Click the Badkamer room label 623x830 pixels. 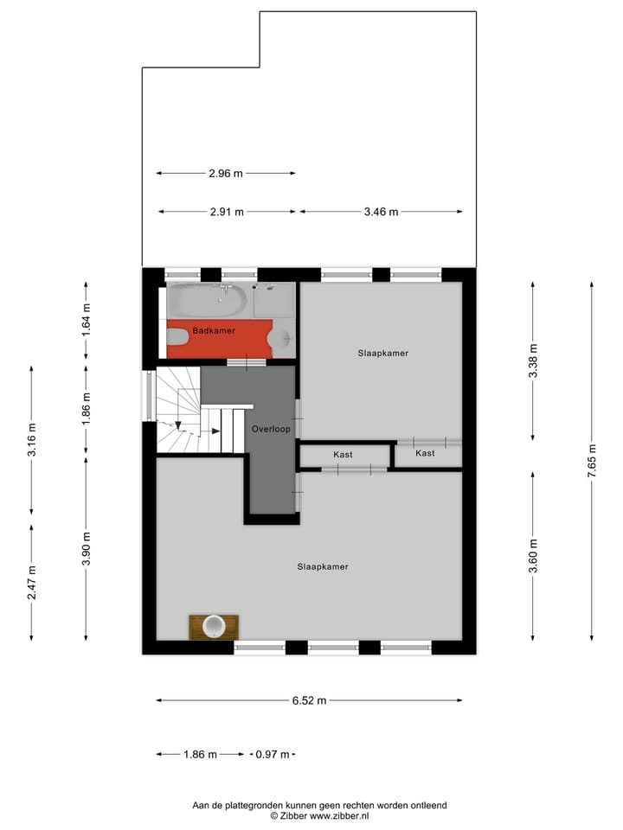[x=214, y=330]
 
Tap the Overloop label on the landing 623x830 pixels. [x=271, y=429]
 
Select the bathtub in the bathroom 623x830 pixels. [x=208, y=301]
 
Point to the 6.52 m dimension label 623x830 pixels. [x=309, y=701]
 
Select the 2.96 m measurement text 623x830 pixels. [x=226, y=173]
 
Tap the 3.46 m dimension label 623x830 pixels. [x=381, y=212]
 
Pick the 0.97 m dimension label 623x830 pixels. [x=273, y=755]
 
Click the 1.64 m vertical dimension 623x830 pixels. [x=86, y=320]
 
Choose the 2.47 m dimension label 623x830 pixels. [x=32, y=583]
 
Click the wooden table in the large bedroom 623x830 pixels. [x=214, y=626]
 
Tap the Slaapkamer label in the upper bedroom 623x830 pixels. [x=382, y=353]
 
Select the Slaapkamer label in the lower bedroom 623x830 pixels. [x=322, y=566]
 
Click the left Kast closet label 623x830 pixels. [x=344, y=455]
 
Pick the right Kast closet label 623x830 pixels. [x=425, y=453]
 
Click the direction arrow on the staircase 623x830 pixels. [x=178, y=424]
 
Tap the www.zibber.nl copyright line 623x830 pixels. [x=319, y=815]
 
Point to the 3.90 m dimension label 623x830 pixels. [x=86, y=549]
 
